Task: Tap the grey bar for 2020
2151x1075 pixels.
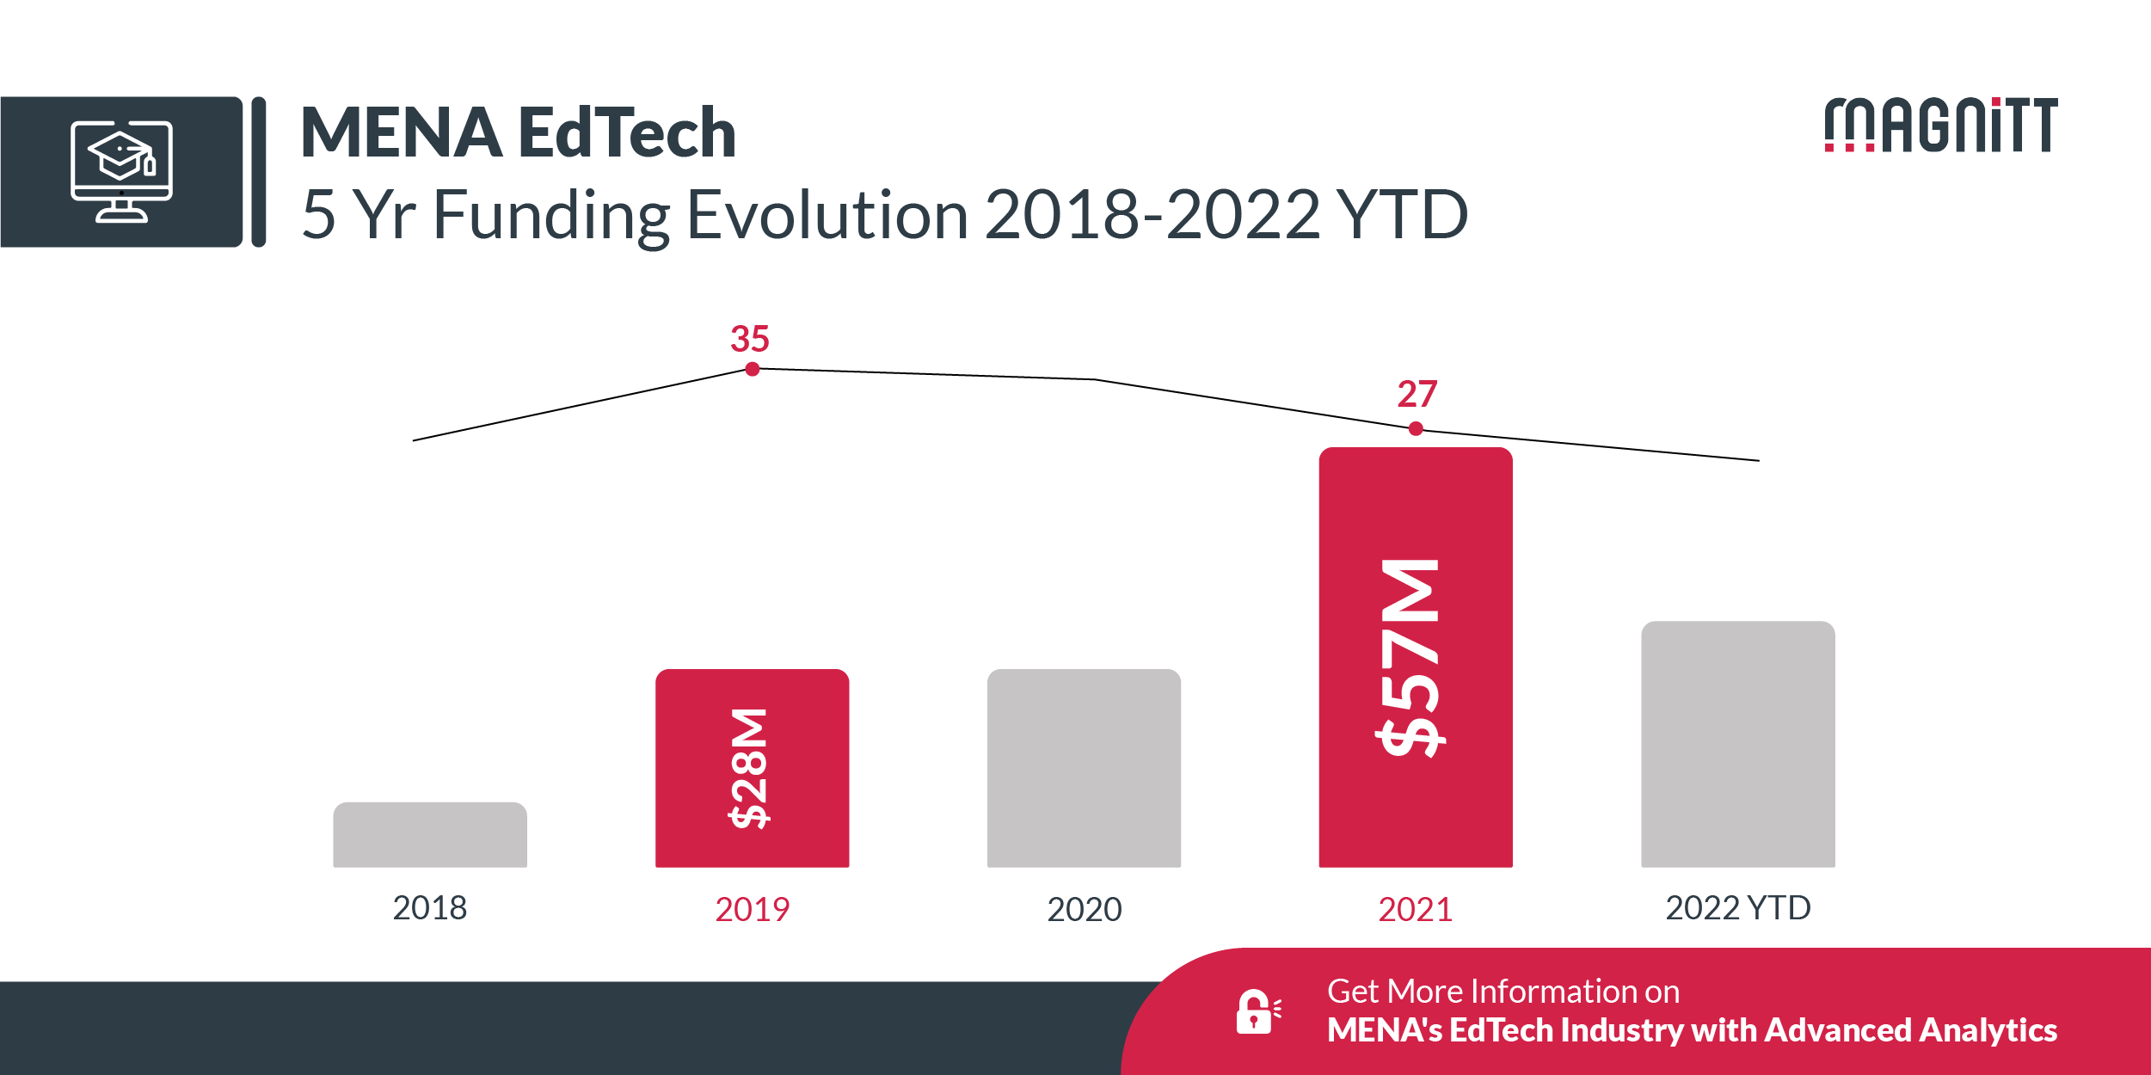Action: [x=1084, y=768]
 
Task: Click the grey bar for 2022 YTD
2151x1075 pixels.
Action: [x=1737, y=744]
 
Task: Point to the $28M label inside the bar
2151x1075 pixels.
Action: [x=749, y=768]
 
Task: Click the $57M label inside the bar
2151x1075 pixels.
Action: [x=1410, y=658]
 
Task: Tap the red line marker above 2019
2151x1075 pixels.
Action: [x=753, y=369]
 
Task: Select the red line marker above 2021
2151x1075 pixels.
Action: [x=1416, y=428]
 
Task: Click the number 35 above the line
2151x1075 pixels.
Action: [x=749, y=339]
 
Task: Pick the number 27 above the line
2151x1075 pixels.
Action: [x=1417, y=394]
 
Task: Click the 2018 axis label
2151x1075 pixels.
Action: [x=429, y=908]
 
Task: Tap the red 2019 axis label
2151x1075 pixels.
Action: [x=752, y=910]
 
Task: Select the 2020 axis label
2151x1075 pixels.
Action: [x=1084, y=910]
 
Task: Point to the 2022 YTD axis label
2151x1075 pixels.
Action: [x=1737, y=908]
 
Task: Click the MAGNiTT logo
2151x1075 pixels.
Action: [x=1940, y=126]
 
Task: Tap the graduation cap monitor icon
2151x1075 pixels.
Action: [x=121, y=172]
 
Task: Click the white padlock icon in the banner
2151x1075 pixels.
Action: [x=1256, y=1012]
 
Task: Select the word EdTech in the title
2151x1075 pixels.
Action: [x=627, y=133]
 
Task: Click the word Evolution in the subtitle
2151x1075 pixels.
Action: [x=827, y=215]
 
